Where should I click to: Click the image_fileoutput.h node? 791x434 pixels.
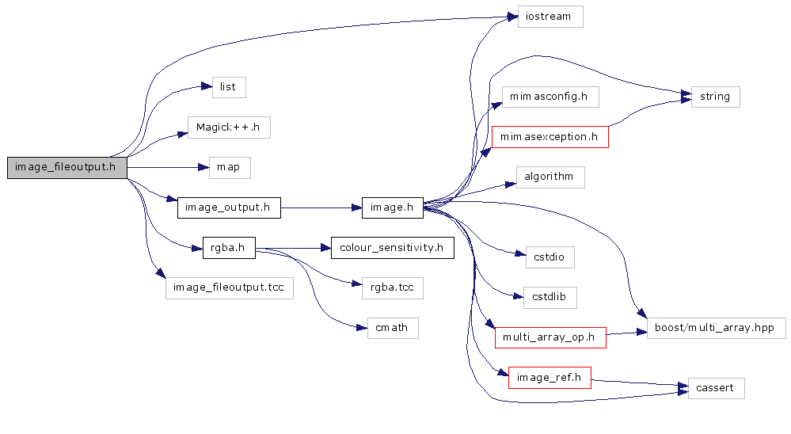click(x=67, y=167)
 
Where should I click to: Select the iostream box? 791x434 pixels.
click(x=550, y=17)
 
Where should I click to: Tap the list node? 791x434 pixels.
click(x=229, y=86)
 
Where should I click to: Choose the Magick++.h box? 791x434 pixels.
click(x=229, y=127)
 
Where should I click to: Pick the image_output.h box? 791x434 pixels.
click(x=228, y=208)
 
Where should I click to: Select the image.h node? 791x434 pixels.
click(x=392, y=208)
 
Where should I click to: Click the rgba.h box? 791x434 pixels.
click(x=229, y=248)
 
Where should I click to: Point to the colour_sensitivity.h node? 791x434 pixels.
click(x=392, y=248)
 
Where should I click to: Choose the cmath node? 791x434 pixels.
click(x=392, y=328)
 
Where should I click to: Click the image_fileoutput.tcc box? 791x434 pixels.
click(x=229, y=287)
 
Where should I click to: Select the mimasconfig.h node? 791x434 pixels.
click(x=549, y=97)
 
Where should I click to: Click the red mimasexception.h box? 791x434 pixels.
click(x=550, y=136)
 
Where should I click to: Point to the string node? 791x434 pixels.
click(x=715, y=97)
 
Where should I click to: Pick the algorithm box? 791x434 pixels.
click(x=549, y=177)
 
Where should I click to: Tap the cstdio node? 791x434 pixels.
click(x=550, y=257)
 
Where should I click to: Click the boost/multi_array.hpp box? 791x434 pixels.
click(x=716, y=328)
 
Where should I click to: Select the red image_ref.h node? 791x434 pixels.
click(x=550, y=378)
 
